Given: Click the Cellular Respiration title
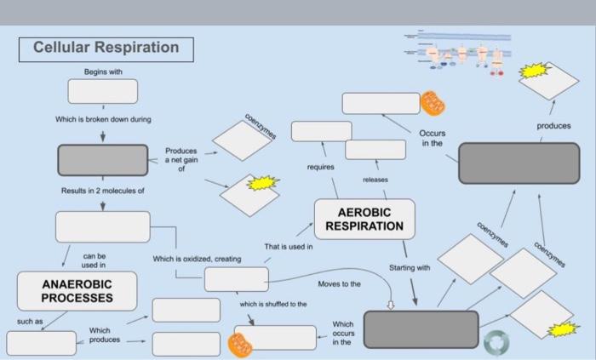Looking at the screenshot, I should [x=106, y=48].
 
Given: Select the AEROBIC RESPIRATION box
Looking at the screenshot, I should [x=364, y=220].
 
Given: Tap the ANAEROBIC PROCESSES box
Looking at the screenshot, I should [x=77, y=291].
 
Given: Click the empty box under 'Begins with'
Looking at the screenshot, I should [x=102, y=89].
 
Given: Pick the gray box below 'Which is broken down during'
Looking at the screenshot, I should [x=102, y=160].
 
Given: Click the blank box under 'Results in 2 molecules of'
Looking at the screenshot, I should [x=102, y=227].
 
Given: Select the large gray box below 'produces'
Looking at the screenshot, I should [x=519, y=163].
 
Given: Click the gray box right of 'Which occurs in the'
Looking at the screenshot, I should [x=421, y=329].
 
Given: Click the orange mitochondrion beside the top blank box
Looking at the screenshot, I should [x=433, y=103].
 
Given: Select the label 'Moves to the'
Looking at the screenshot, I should [x=339, y=283].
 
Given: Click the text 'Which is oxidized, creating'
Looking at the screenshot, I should [x=197, y=259].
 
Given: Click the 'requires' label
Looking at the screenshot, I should [x=320, y=168].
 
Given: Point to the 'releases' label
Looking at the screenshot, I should [x=375, y=180].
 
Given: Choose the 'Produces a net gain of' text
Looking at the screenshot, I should [x=181, y=159].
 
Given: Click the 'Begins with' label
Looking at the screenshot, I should [x=102, y=71].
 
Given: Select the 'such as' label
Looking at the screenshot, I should [x=29, y=322].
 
